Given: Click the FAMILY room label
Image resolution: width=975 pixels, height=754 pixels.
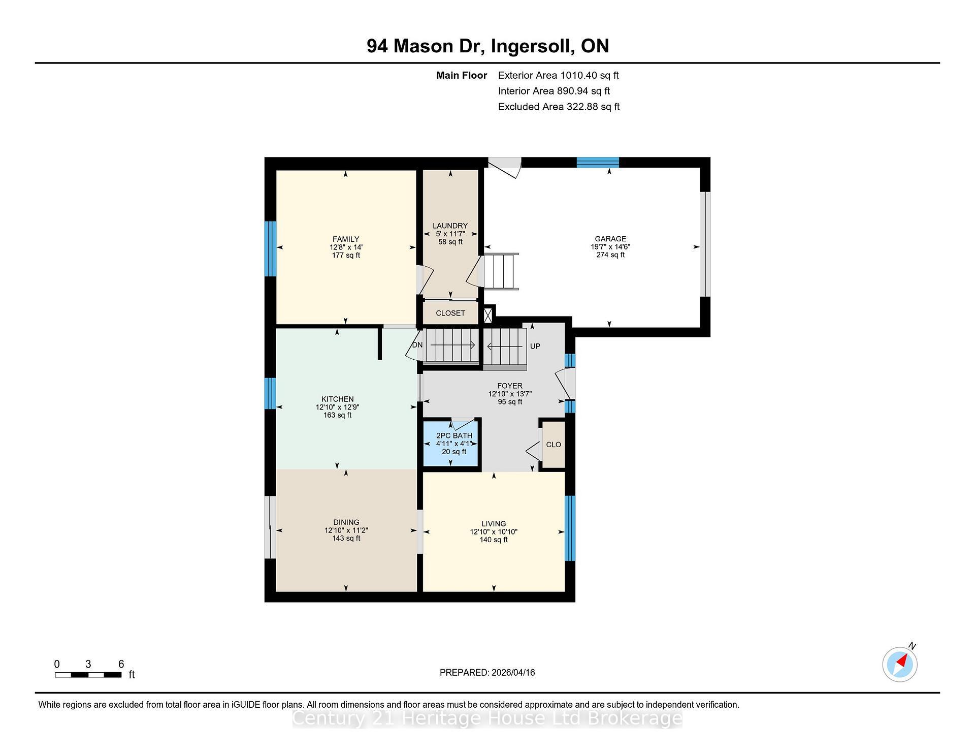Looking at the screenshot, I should [345, 239].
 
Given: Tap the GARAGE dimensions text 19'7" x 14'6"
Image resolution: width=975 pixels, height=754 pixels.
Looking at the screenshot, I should [610, 247].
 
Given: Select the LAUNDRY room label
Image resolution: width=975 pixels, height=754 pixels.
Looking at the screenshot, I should [450, 226].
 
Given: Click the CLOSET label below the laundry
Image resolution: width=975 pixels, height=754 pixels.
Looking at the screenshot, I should [450, 313].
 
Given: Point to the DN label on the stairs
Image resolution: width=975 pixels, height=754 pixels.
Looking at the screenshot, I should [417, 345].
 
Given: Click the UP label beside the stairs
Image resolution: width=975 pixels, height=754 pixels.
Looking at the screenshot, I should [535, 346].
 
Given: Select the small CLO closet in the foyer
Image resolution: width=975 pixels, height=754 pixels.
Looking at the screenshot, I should [553, 445].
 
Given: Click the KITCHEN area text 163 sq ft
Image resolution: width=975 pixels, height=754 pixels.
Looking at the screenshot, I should [337, 415].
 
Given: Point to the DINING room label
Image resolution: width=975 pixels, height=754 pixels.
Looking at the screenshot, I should [346, 522].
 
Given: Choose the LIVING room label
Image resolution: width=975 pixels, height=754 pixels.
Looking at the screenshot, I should [494, 524].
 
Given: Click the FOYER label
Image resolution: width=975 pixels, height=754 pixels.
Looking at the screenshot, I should [509, 386].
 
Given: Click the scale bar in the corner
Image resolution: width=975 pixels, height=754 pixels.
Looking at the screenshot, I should [88, 675].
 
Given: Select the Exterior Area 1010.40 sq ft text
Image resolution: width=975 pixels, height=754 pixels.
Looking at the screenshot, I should [558, 76].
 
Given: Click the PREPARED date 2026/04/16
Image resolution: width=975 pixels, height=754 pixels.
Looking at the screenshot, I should [513, 673].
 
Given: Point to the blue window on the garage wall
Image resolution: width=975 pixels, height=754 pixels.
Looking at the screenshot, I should [598, 163].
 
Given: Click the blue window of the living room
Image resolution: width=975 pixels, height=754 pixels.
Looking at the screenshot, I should [570, 528].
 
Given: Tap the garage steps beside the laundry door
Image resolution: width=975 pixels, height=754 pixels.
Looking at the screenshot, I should [501, 271].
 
